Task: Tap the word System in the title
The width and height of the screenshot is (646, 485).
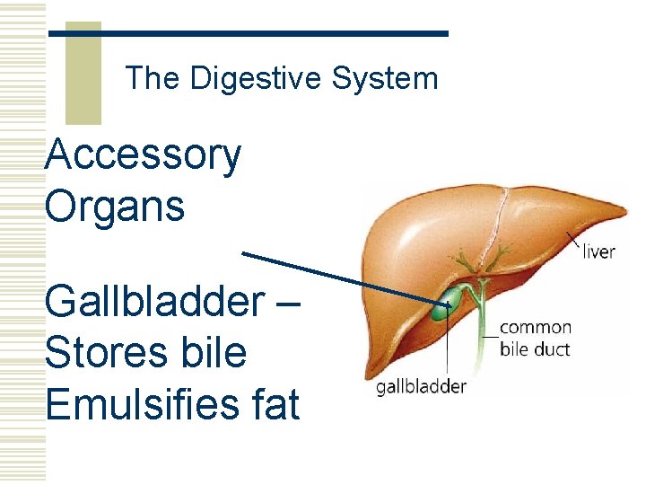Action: [x=385, y=79]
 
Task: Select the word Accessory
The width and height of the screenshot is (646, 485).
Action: [x=143, y=154]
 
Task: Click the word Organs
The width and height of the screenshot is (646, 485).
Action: [x=114, y=206]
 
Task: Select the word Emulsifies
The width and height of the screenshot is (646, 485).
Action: [x=135, y=403]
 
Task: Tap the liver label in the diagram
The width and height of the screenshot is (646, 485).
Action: [x=598, y=251]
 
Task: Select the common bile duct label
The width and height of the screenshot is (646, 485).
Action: [x=535, y=338]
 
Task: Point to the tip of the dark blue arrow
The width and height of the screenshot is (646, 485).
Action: [x=451, y=304]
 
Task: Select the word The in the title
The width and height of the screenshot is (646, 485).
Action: [x=153, y=79]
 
